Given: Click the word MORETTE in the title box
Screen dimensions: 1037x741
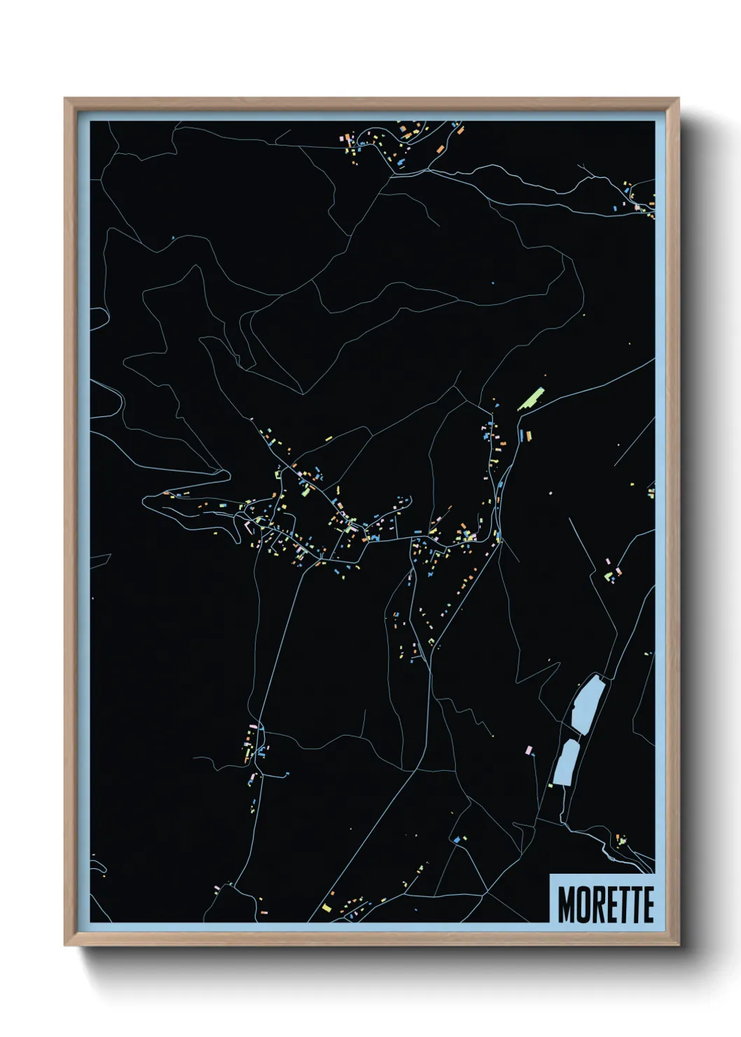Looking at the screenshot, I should [606, 905].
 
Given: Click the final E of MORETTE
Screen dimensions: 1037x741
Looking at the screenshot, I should [647, 905].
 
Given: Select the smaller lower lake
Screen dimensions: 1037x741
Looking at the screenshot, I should [566, 762].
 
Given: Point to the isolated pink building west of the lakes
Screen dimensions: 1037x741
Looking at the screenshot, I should [528, 750].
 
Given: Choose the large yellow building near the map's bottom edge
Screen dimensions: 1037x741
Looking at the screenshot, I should [326, 909].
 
